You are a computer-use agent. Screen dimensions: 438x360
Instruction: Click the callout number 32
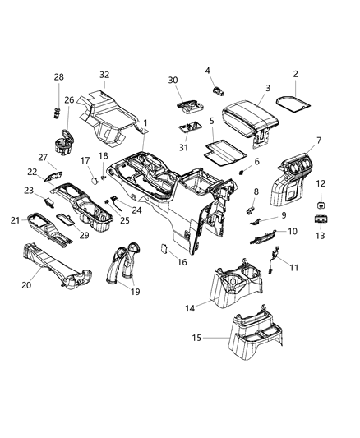point(104,74)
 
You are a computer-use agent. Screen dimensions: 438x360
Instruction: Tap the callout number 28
point(58,76)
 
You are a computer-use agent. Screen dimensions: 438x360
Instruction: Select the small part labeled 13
point(319,220)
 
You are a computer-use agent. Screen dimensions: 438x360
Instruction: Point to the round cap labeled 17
point(95,174)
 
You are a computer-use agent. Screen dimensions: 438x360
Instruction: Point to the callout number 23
point(28,191)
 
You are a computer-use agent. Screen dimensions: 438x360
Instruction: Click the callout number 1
point(145,123)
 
